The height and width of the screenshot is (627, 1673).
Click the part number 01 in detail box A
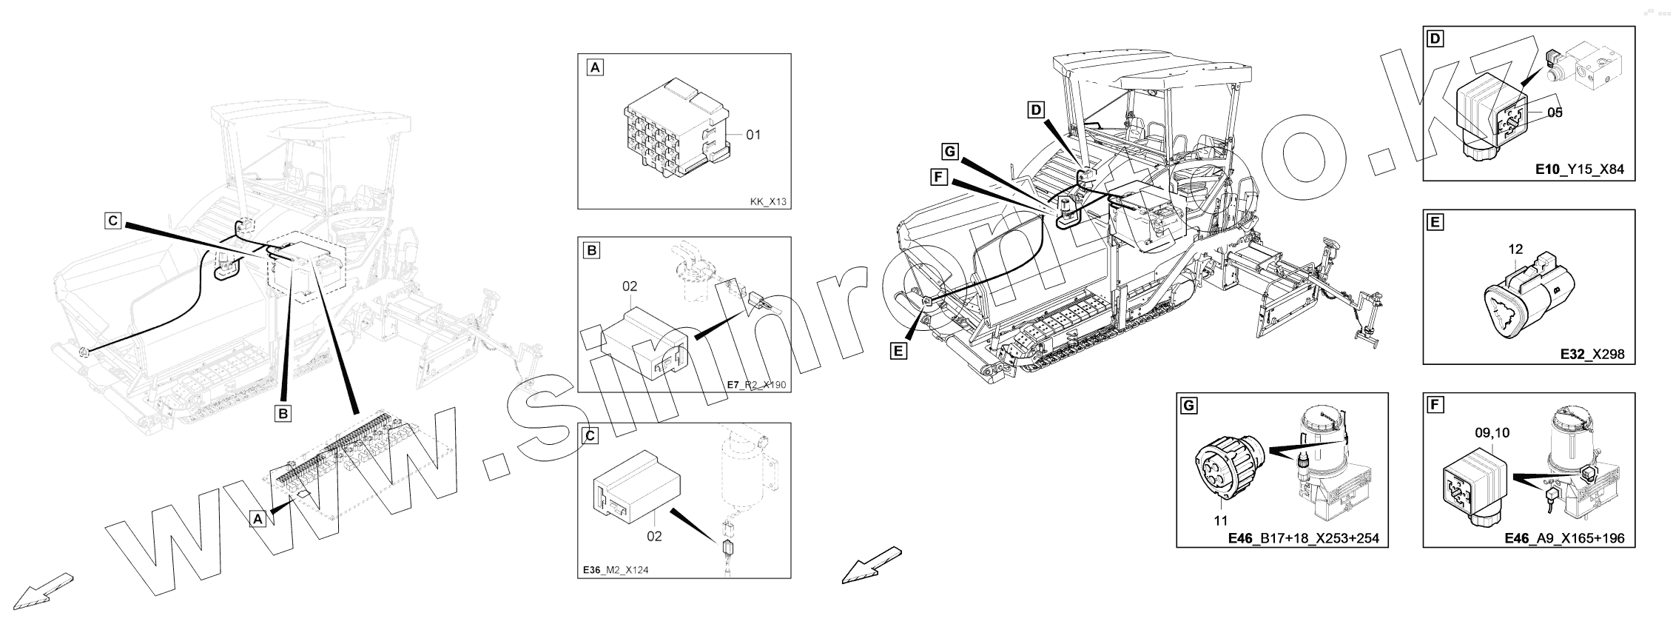point(753,135)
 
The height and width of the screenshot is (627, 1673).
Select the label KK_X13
point(768,201)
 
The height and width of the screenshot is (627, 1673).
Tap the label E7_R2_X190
point(757,385)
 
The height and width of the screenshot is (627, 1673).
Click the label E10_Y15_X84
point(1580,170)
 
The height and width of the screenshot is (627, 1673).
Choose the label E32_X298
point(1592,354)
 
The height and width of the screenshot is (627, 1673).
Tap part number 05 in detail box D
point(1555,113)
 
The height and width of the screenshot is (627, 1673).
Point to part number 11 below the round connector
point(1220,521)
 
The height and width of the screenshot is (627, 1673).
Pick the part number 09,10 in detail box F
point(1492,434)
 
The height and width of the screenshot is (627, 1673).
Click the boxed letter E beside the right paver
point(898,351)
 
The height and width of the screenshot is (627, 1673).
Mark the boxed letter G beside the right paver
point(950,152)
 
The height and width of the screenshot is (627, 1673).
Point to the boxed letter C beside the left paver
point(112,221)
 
